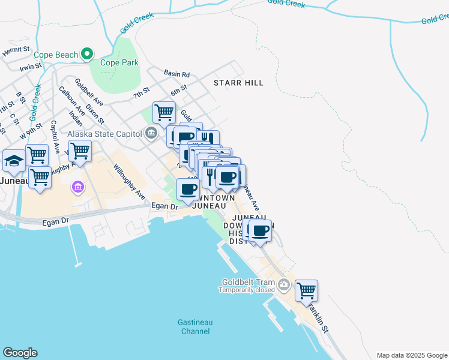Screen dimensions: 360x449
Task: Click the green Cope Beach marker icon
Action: (87, 55)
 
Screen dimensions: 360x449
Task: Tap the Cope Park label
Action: (119, 62)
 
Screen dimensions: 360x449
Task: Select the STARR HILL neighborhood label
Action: (240, 83)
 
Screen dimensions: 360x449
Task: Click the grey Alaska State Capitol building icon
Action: (151, 133)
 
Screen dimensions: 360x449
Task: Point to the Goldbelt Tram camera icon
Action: (285, 283)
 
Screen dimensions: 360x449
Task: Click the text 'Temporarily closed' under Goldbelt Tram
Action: (246, 290)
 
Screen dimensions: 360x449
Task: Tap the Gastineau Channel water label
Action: (194, 326)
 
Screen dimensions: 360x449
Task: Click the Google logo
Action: (20, 353)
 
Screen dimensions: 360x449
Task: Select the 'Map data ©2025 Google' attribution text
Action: (411, 355)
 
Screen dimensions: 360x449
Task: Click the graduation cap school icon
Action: (14, 160)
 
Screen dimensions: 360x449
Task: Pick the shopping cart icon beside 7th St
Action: (164, 112)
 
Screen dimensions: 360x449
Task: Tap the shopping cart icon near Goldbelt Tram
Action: (306, 290)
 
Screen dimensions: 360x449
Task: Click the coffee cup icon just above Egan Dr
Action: (188, 190)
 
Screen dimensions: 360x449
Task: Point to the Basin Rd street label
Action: (177, 74)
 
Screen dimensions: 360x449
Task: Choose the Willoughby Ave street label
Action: (129, 181)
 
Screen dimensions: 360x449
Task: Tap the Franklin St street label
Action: (319, 318)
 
